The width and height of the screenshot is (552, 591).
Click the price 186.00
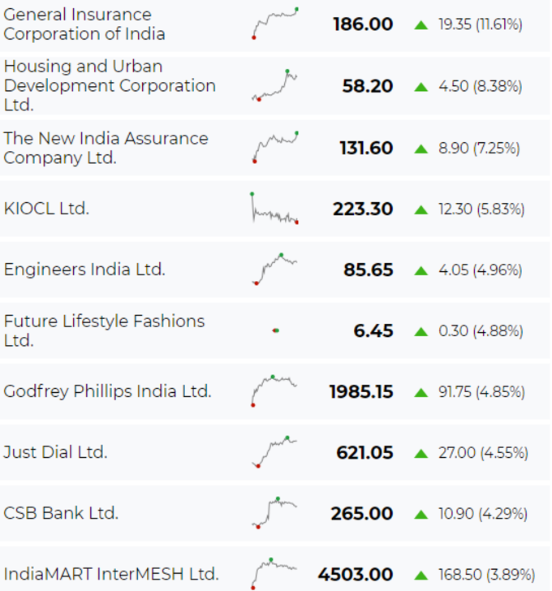(363, 24)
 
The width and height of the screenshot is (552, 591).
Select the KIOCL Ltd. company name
(46, 209)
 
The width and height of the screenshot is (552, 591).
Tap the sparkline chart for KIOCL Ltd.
(274, 209)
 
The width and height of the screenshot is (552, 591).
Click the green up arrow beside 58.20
(420, 87)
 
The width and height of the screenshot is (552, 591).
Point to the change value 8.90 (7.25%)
(479, 148)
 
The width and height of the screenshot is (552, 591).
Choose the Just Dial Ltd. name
(55, 452)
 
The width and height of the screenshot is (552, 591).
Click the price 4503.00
(356, 575)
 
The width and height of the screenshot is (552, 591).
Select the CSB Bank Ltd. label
(61, 513)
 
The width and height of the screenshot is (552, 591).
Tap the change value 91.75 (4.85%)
(481, 391)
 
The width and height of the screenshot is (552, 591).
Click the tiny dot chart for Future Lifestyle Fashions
(276, 330)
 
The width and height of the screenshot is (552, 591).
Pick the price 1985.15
(361, 391)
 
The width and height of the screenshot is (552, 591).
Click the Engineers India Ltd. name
(84, 270)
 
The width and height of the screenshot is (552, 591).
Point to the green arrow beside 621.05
(420, 454)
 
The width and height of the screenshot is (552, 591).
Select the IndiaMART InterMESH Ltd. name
(111, 574)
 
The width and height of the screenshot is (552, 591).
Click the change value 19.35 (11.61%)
(481, 24)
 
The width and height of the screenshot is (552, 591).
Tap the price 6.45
(373, 330)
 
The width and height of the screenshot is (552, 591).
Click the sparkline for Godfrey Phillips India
(274, 390)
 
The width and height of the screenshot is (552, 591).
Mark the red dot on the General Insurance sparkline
(254, 37)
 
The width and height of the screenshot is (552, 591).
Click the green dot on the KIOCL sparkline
(252, 194)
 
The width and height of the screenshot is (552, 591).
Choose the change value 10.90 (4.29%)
(483, 514)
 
